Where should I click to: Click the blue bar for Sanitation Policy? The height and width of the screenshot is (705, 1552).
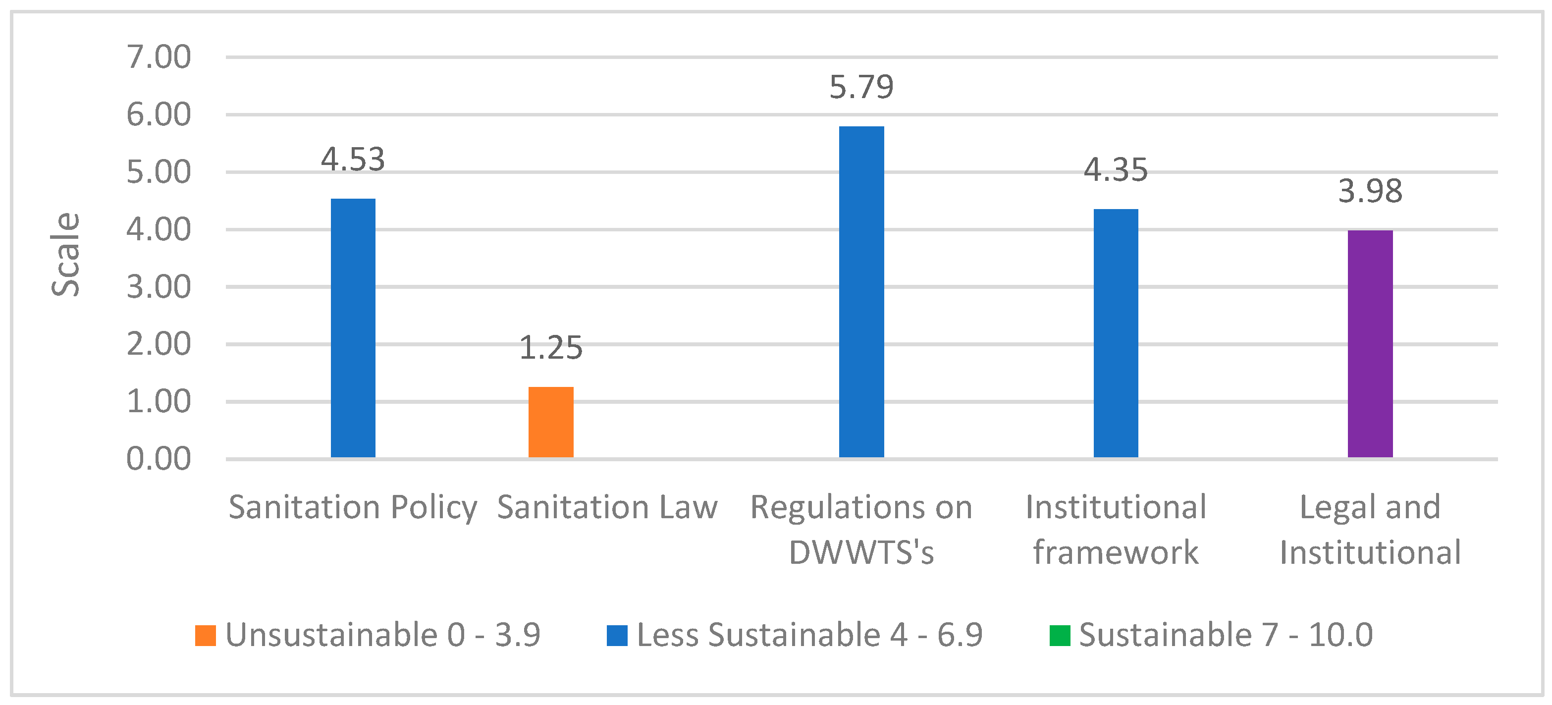pyautogui.click(x=353, y=328)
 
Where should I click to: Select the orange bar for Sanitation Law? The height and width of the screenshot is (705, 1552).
pyautogui.click(x=551, y=422)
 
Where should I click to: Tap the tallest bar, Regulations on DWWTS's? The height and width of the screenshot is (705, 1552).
pyautogui.click(x=861, y=292)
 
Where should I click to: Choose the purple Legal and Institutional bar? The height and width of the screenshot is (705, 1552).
pyautogui.click(x=1370, y=343)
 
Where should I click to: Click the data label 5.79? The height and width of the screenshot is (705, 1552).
pyautogui.click(x=861, y=87)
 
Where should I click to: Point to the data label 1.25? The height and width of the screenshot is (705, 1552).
pyautogui.click(x=551, y=348)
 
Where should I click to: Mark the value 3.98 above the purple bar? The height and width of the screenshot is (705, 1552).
pyautogui.click(x=1370, y=192)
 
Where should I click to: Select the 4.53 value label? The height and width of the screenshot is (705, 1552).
pyautogui.click(x=353, y=160)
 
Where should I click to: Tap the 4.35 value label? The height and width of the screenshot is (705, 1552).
pyautogui.click(x=1116, y=170)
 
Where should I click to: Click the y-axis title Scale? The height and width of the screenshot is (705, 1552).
pyautogui.click(x=65, y=254)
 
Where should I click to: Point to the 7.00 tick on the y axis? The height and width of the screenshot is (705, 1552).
pyautogui.click(x=159, y=57)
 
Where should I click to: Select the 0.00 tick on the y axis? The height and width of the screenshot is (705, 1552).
pyautogui.click(x=159, y=459)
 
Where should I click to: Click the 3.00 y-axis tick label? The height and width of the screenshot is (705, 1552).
pyautogui.click(x=159, y=287)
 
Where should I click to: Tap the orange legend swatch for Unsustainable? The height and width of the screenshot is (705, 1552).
pyautogui.click(x=206, y=635)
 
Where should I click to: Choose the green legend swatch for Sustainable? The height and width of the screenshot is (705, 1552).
pyautogui.click(x=1060, y=635)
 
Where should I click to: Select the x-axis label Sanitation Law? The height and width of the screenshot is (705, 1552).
pyautogui.click(x=607, y=507)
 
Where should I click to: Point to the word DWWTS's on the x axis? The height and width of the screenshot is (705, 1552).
pyautogui.click(x=861, y=552)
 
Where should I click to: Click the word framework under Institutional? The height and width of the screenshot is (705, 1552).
pyautogui.click(x=1116, y=552)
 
